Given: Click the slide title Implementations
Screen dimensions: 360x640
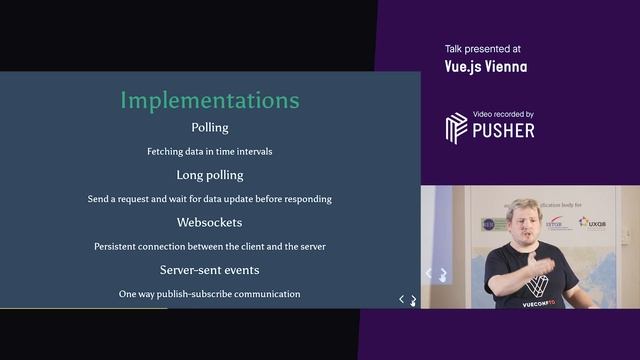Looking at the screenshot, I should point(210,101).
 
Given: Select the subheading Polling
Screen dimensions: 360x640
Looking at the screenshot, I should point(210,128).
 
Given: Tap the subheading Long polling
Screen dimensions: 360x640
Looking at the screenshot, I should point(210,175).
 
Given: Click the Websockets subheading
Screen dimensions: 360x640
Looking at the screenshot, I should point(210,222).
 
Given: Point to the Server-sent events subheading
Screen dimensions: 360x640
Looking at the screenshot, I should point(210,270).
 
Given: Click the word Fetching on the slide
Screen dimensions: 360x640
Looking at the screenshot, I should point(167,152).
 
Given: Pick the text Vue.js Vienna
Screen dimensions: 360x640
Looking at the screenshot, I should point(486,67).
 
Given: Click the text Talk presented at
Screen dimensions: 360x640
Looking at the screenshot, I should point(483,48).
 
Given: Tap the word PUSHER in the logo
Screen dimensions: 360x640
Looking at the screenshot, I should point(504,130).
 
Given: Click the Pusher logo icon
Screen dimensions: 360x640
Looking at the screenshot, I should point(456,128).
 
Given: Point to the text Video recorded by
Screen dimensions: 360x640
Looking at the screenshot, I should point(504,114).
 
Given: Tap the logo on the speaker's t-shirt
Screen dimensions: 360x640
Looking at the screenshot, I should point(537,285).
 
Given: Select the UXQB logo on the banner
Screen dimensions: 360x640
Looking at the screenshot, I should point(592,222).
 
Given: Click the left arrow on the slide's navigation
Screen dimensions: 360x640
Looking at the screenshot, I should point(402,299).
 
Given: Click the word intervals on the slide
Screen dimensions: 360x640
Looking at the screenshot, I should point(251,152).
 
